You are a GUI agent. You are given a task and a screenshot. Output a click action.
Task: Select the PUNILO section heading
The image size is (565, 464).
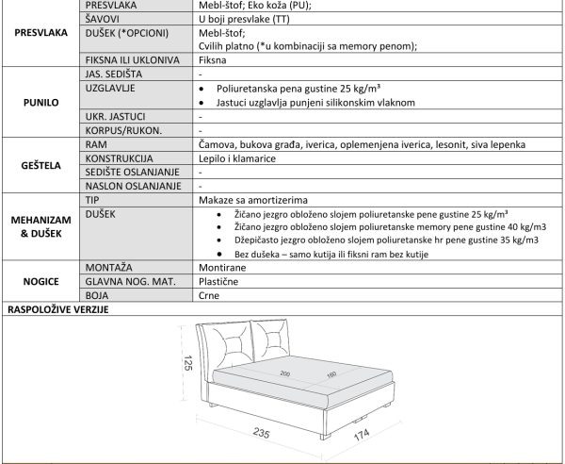41,101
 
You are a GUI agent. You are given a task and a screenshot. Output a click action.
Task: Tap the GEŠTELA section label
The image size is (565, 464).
41,165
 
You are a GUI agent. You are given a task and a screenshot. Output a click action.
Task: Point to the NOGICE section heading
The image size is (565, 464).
41,281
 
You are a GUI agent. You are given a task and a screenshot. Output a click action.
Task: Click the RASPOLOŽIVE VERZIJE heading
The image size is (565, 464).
59,308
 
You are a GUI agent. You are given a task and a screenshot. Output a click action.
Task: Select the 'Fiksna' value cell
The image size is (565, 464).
213,59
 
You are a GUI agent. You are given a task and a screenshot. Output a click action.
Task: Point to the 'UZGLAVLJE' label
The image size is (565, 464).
110,87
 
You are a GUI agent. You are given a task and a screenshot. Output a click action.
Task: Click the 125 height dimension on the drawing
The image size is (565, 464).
187,363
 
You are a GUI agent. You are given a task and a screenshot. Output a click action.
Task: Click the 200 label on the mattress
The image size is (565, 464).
285,373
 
